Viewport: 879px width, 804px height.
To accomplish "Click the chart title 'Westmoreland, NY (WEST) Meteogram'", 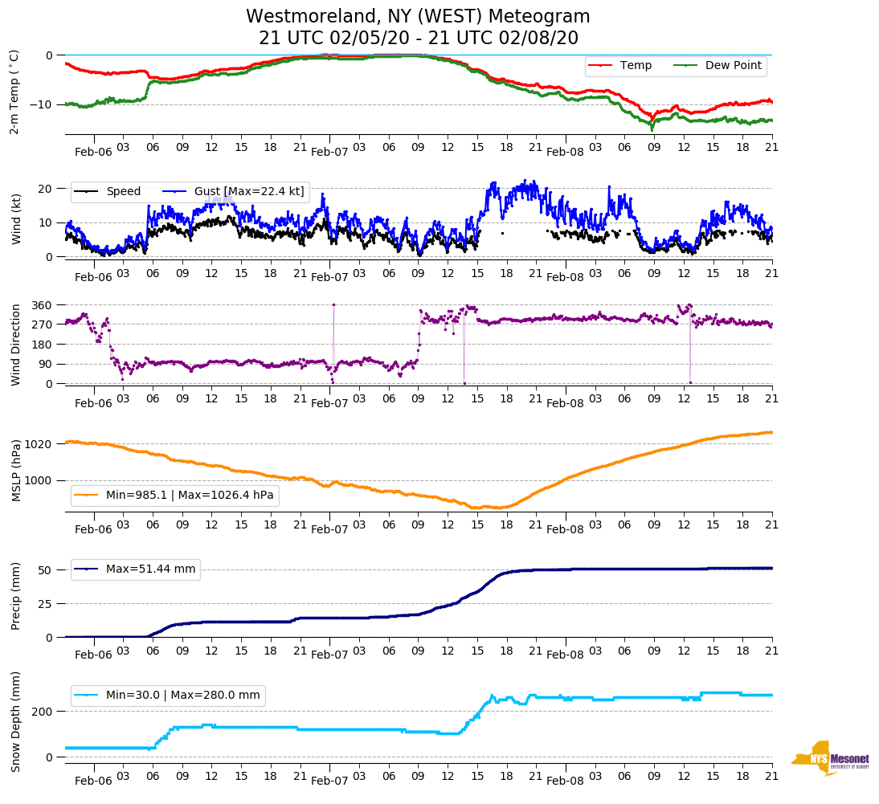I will pyautogui.click(x=418, y=17).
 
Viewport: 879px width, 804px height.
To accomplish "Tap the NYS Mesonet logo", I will pyautogui.click(x=831, y=757).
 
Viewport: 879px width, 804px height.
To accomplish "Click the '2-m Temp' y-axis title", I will pyautogui.click(x=14, y=92).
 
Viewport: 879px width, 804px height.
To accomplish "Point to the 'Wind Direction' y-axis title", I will pyautogui.click(x=15, y=344).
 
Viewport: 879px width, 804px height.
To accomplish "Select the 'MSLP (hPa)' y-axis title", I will pyautogui.click(x=15, y=471).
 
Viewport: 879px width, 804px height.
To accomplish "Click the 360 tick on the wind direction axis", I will pyautogui.click(x=42, y=305).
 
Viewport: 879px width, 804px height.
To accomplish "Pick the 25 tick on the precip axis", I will pyautogui.click(x=45, y=603).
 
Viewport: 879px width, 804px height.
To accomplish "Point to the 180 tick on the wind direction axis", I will pyautogui.click(x=42, y=345).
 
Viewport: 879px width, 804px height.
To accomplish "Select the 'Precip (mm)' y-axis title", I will pyautogui.click(x=15, y=597).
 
